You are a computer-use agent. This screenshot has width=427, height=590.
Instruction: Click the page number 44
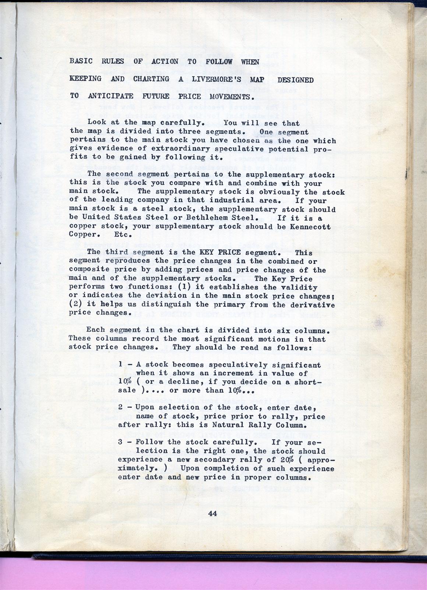[x=212, y=513]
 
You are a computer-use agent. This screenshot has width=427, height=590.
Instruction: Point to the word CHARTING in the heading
[x=151, y=79]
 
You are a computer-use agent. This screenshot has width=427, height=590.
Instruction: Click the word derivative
[x=312, y=305]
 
